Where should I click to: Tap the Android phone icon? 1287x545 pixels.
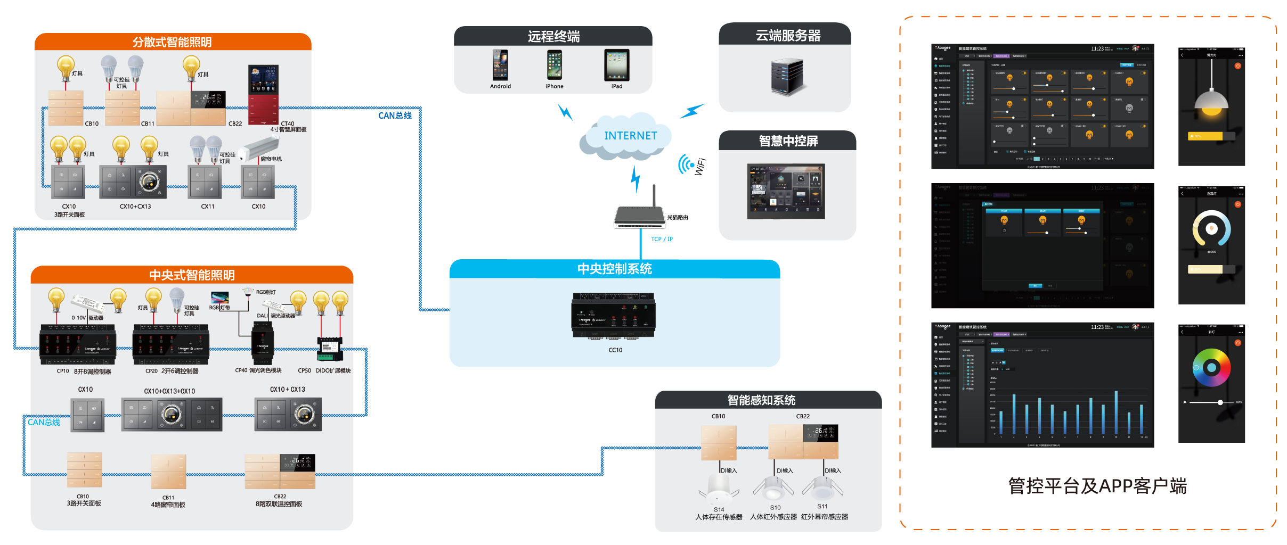click(x=500, y=65)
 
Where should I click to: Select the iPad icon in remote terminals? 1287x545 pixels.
click(x=617, y=65)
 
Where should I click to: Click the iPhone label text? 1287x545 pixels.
click(x=554, y=86)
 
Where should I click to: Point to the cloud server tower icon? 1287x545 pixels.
click(x=787, y=77)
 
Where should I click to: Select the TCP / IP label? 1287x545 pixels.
click(x=662, y=240)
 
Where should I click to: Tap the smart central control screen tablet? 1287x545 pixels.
click(x=786, y=191)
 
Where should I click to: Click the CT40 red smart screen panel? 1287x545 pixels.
click(x=263, y=94)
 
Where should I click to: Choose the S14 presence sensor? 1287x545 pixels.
click(x=719, y=490)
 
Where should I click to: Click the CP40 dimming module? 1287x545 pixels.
click(x=263, y=343)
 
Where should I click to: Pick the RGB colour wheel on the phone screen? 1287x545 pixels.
click(x=1211, y=367)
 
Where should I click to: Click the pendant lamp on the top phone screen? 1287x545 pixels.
click(x=1211, y=101)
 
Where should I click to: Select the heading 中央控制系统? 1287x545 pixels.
click(x=614, y=269)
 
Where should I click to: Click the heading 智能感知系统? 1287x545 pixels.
click(x=761, y=400)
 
